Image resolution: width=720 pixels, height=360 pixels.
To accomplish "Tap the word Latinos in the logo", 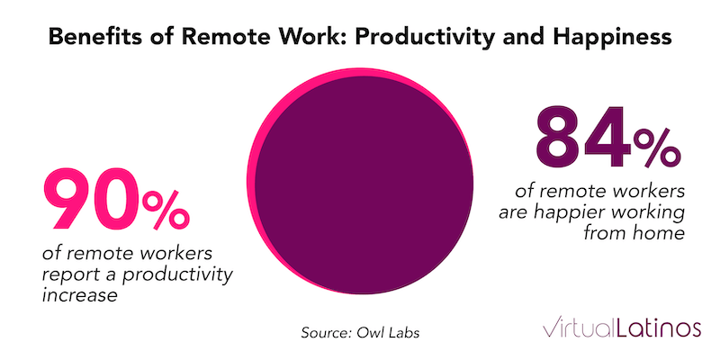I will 657,327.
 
